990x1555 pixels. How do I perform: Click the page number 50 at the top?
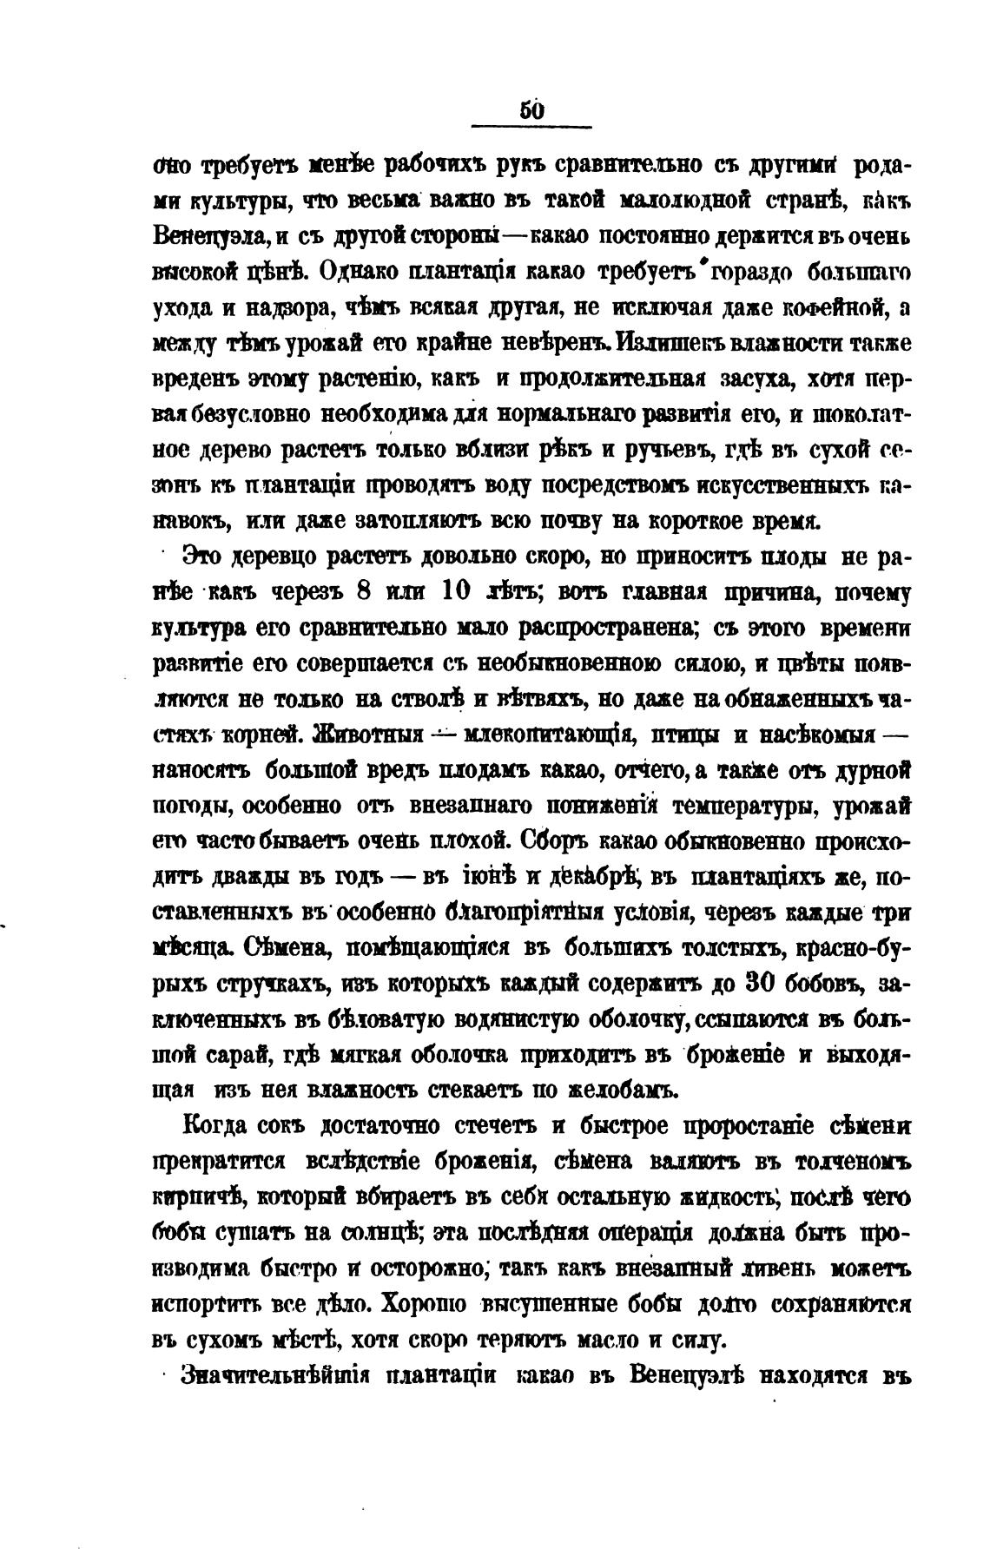point(531,110)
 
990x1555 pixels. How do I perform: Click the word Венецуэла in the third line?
point(203,236)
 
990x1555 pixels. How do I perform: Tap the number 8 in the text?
point(365,593)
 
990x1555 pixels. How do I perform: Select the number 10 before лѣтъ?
point(458,593)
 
